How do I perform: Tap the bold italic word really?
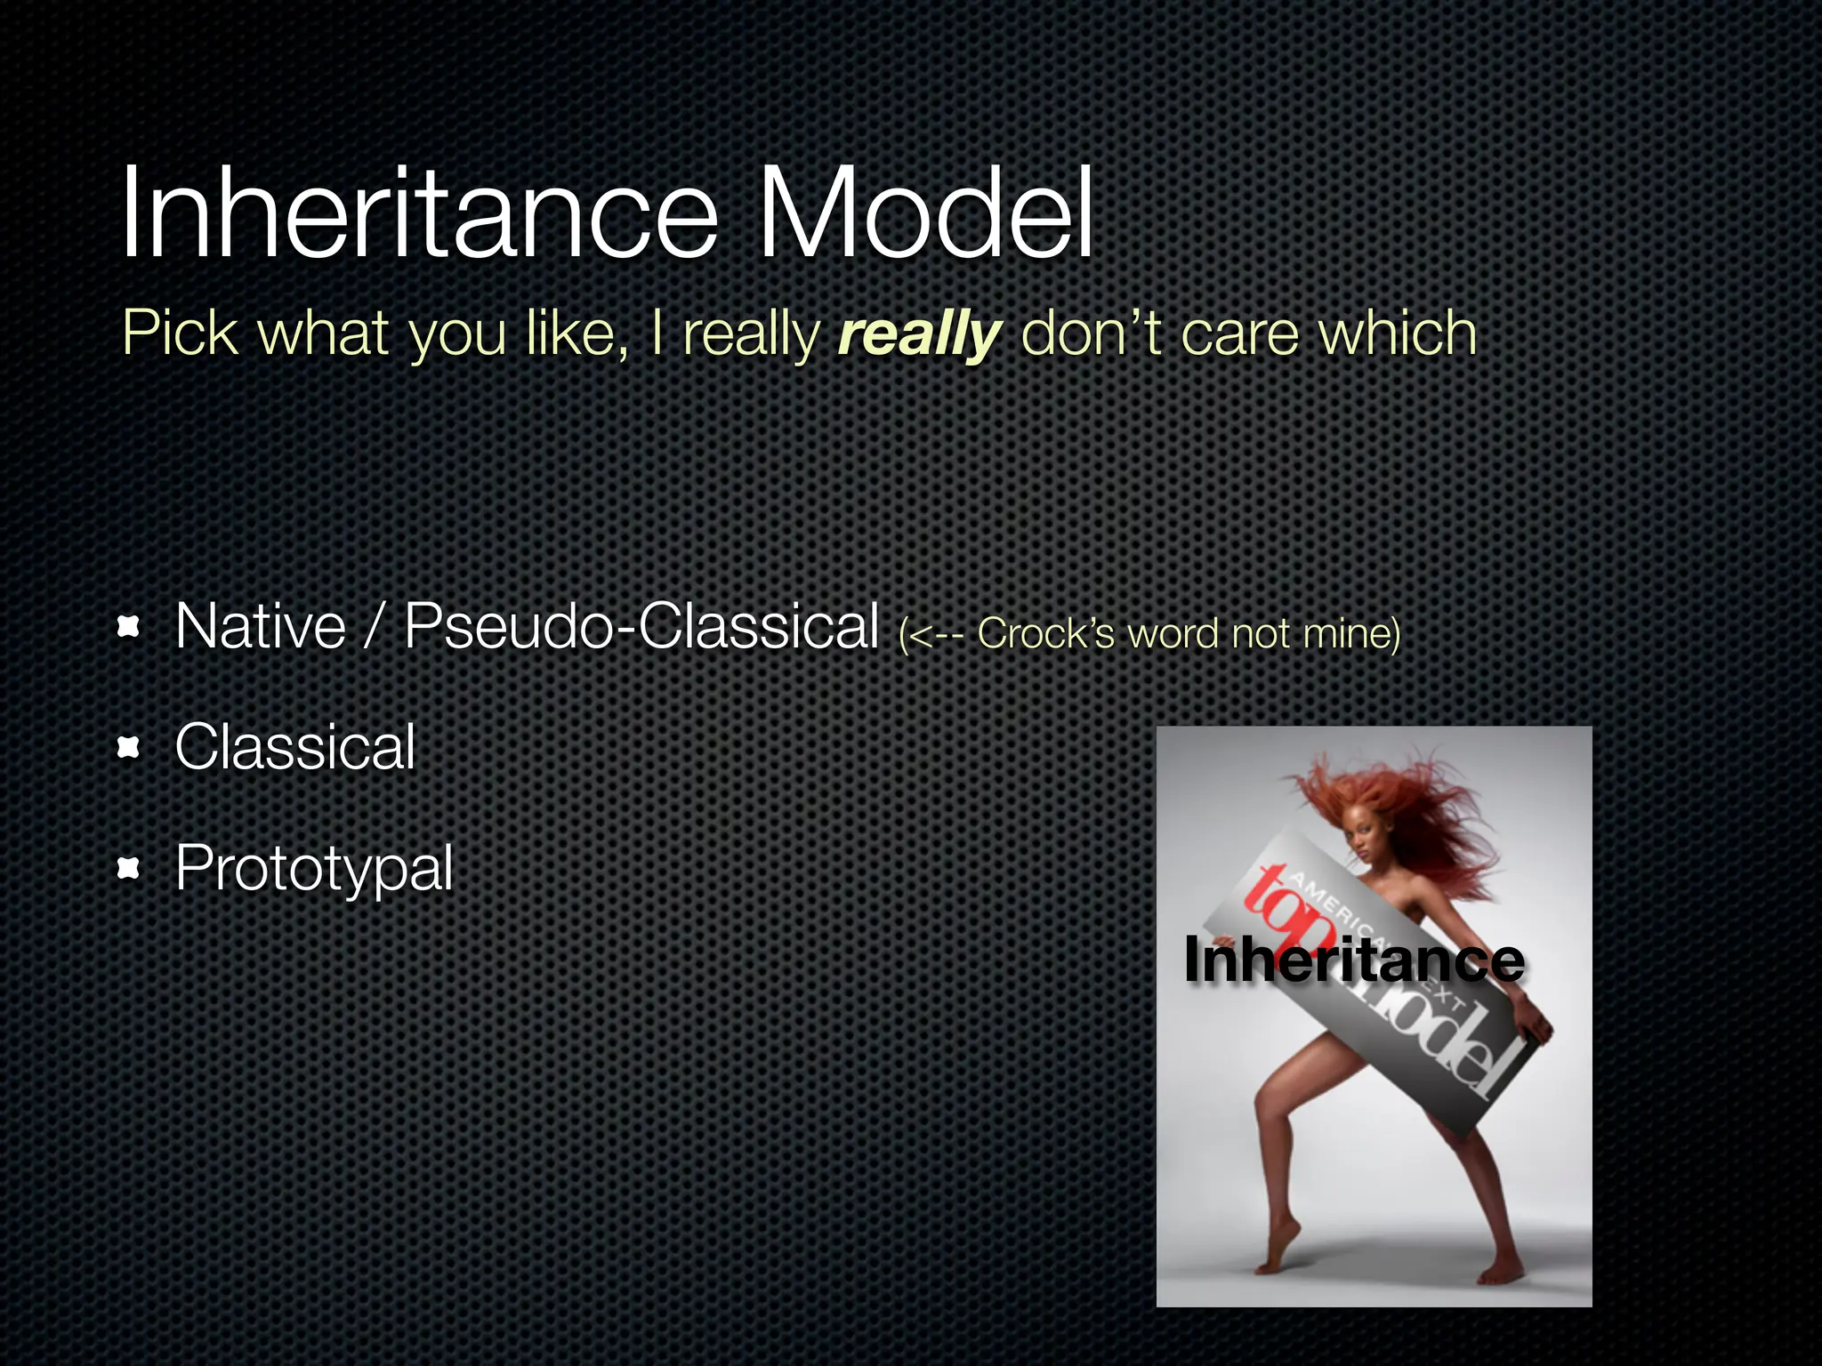tap(920, 336)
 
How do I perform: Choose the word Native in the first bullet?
tap(260, 627)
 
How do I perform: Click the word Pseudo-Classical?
tap(641, 627)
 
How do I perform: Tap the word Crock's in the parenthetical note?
tap(1045, 634)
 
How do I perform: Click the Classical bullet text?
tap(295, 747)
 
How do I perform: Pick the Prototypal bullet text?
tap(314, 869)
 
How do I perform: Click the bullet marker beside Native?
tap(130, 628)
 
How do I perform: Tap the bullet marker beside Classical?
tap(130, 749)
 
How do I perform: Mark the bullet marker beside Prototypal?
tap(130, 869)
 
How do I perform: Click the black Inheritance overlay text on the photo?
tap(1354, 960)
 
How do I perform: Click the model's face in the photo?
tap(1362, 837)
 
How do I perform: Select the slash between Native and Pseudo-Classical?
tap(375, 627)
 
